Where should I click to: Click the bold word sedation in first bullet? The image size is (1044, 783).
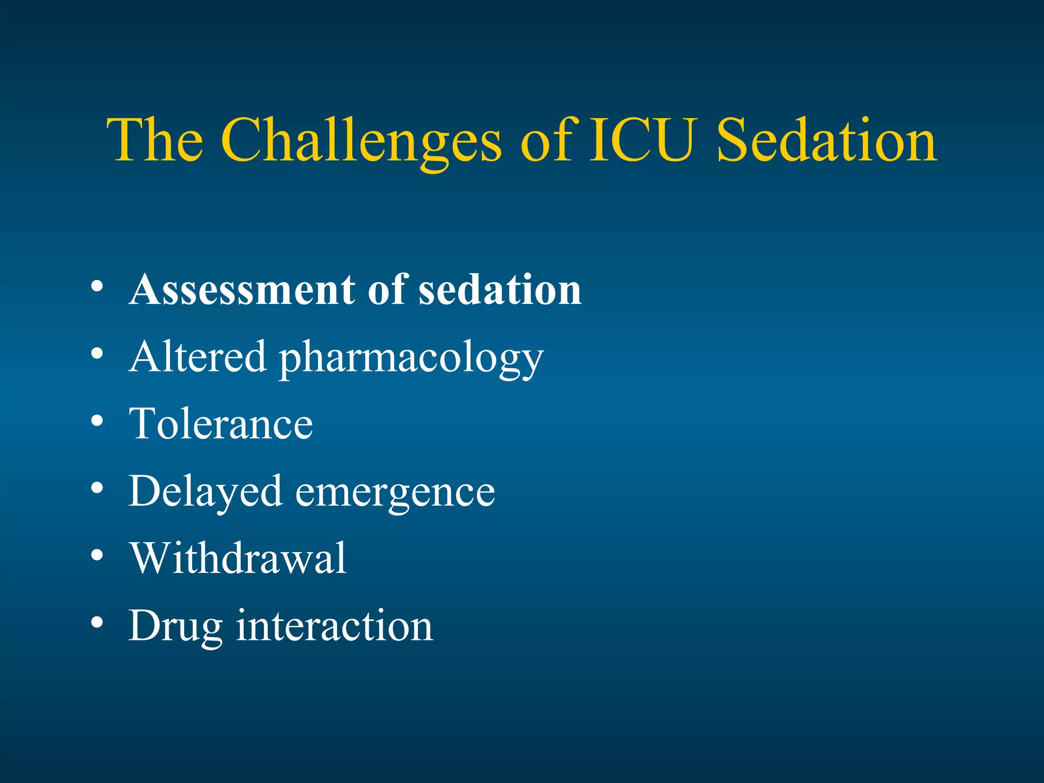pyautogui.click(x=500, y=290)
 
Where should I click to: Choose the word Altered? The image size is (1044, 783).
pyautogui.click(x=198, y=356)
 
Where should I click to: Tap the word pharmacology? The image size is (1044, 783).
pyautogui.click(x=411, y=359)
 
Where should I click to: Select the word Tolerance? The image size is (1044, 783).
pyautogui.click(x=221, y=424)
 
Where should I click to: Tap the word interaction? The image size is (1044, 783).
pyautogui.click(x=334, y=625)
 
